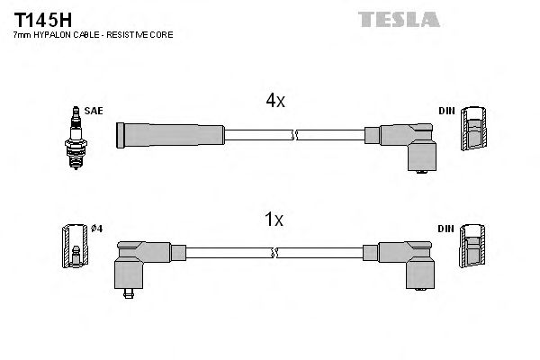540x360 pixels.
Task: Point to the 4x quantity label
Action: (274, 102)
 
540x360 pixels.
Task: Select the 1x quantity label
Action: (274, 219)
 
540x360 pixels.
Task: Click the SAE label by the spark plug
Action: (95, 111)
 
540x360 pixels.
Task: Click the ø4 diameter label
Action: (97, 229)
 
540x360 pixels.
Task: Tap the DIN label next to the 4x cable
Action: (446, 111)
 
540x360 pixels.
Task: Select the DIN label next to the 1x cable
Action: (446, 229)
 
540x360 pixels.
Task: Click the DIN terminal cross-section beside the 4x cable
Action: (473, 131)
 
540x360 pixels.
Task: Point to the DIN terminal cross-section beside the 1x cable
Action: (473, 248)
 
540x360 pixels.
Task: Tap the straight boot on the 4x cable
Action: (170, 135)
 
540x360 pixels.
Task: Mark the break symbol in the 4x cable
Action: (292, 135)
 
